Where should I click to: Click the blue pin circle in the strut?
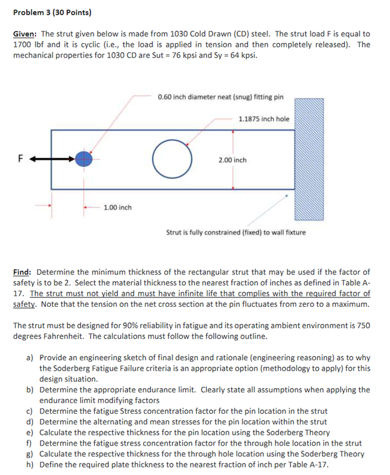84,159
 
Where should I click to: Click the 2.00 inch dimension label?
232,160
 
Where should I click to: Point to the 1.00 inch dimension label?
117,207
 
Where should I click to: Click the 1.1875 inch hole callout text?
264,118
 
